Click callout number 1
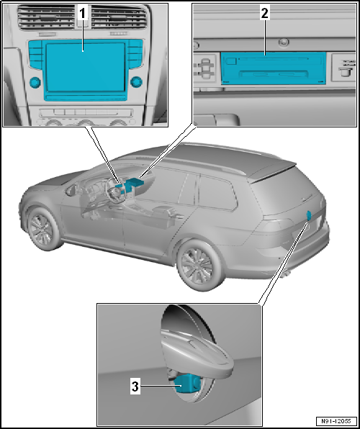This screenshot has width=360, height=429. [x=83, y=13]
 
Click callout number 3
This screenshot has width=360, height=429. [x=135, y=386]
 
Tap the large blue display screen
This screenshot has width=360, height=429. [x=83, y=68]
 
